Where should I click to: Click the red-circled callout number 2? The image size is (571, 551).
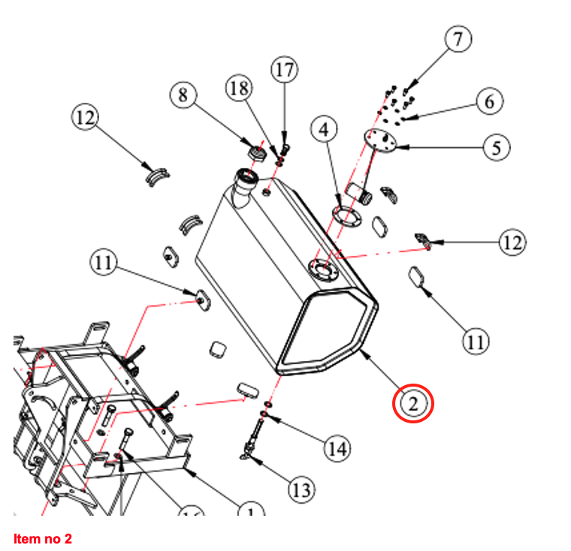413,403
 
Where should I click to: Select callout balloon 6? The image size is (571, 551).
489,101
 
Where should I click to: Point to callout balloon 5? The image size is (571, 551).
495,147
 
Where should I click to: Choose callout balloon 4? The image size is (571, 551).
324,130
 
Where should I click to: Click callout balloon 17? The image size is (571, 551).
284,71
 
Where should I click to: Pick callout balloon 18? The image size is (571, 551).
239,89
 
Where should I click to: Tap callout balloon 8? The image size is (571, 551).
183,95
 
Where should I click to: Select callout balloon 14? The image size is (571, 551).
337,449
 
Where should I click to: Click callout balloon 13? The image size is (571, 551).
301,490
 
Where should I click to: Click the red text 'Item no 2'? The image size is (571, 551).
43,538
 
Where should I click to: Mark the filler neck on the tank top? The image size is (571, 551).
245,183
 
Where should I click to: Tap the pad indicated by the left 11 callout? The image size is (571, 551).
202,299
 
